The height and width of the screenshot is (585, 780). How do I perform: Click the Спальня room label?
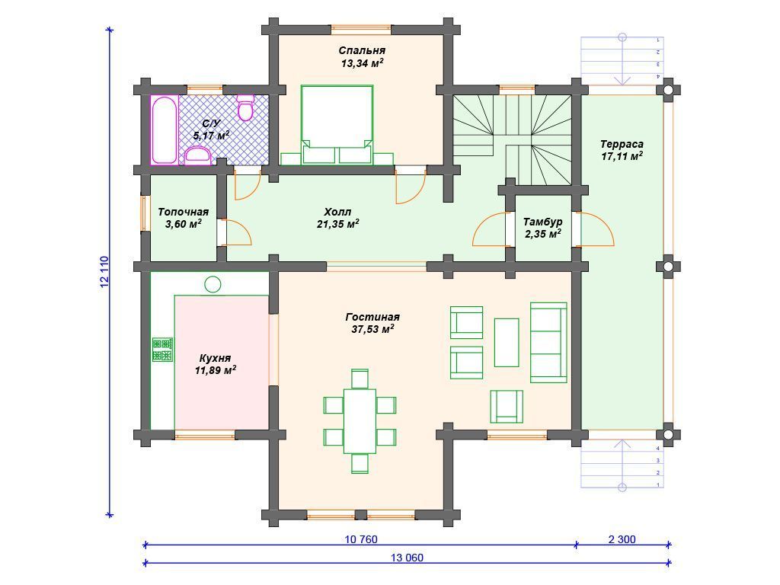(x=362, y=50)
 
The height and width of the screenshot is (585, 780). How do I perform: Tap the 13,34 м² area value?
(x=362, y=63)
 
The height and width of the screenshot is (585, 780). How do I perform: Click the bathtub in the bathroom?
(x=165, y=129)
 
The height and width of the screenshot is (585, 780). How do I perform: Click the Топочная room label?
(x=183, y=212)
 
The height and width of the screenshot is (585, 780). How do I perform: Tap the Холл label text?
(x=337, y=212)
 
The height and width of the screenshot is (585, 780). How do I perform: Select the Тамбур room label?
(x=542, y=222)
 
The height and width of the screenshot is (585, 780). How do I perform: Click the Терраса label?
(x=622, y=144)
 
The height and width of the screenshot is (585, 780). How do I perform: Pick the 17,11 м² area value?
(x=622, y=157)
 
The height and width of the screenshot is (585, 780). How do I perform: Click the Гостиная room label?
(x=372, y=317)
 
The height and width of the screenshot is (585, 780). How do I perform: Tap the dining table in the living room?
(x=360, y=421)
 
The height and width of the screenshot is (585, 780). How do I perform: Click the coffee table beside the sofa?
(x=507, y=343)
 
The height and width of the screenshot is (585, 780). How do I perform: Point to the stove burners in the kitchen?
(x=162, y=350)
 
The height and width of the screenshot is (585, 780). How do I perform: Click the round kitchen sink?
(x=213, y=284)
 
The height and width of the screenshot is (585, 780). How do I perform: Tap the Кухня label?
(x=215, y=358)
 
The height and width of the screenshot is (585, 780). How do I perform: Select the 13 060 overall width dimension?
(x=407, y=558)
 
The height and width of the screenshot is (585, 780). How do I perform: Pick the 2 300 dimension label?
(x=622, y=539)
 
